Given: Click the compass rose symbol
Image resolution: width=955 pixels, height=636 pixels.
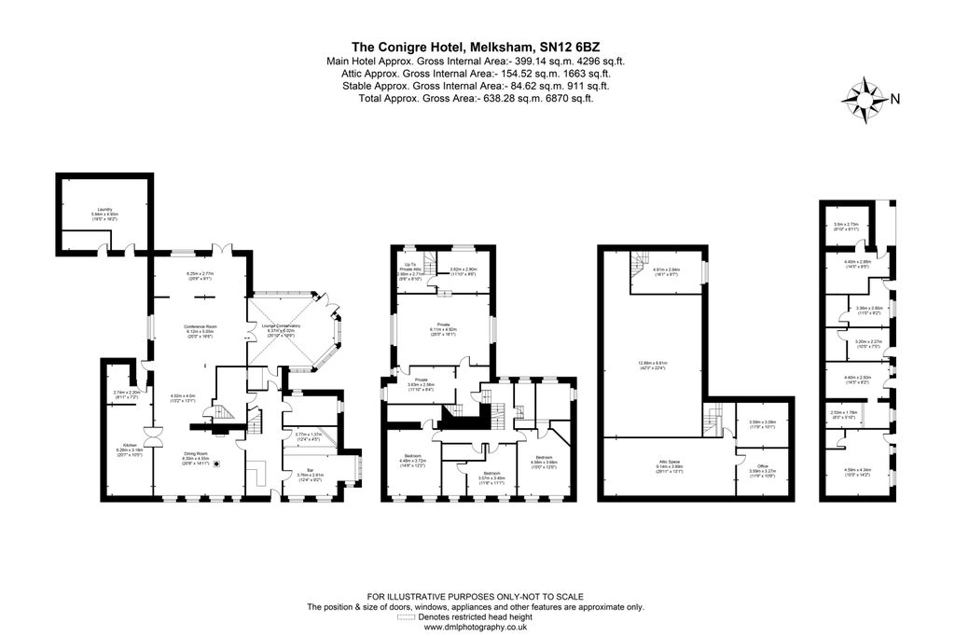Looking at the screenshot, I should [865, 98].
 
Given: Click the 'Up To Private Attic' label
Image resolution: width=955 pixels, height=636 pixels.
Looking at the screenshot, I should [410, 271].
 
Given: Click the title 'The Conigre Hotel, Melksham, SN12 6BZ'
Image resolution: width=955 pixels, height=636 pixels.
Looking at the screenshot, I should [476, 46].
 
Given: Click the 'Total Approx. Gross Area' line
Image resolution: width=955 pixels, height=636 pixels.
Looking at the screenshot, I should [476, 98].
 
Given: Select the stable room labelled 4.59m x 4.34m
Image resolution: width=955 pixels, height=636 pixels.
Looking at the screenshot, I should [855, 471].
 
